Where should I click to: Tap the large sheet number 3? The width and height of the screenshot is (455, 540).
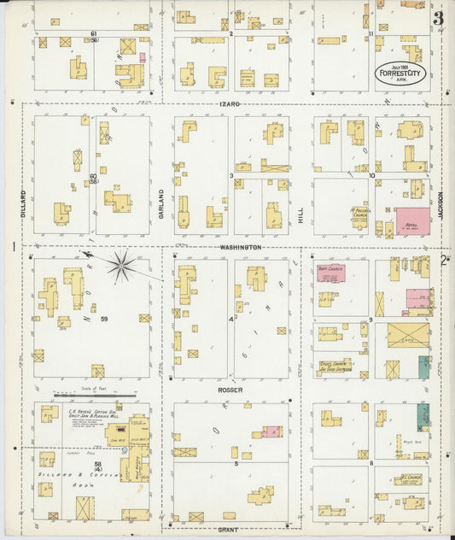(x=437, y=18)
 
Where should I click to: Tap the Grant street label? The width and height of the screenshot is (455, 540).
(x=229, y=530)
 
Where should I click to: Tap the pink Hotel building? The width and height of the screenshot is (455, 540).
(x=411, y=222)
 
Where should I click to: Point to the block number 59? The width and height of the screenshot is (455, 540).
(x=105, y=319)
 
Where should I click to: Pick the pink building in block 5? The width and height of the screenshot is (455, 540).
(x=272, y=432)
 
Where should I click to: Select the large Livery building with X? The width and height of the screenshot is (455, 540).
(x=408, y=336)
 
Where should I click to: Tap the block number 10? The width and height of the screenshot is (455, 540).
(x=372, y=176)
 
